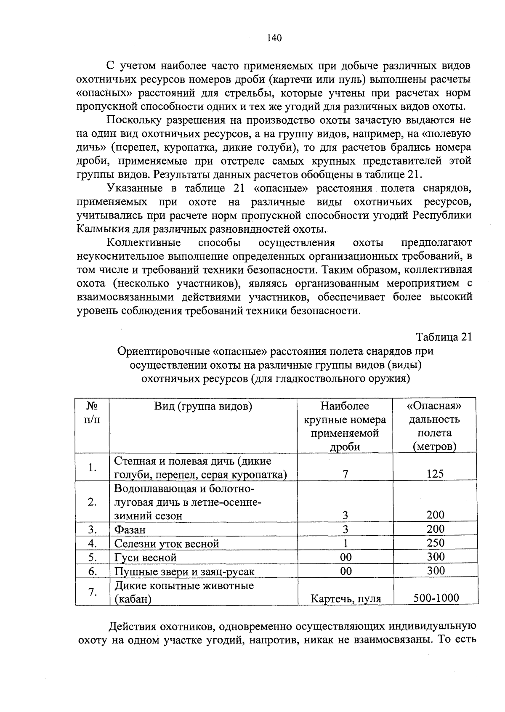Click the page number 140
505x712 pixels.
[x=274, y=38]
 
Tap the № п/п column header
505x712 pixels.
[x=92, y=413]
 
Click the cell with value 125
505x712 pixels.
[x=435, y=474]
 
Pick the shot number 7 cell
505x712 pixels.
[x=345, y=474]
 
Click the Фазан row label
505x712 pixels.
[x=130, y=530]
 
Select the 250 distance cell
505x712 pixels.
[x=435, y=543]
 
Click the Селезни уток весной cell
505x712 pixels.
[x=167, y=544]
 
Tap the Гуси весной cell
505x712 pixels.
[x=146, y=558]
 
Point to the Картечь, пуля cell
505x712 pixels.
[x=346, y=598]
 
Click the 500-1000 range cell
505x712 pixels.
[x=436, y=598]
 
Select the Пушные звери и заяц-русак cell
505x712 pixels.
[x=185, y=571]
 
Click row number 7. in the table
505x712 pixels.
[x=93, y=592]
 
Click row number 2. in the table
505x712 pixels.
[x=93, y=502]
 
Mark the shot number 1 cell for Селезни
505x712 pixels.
[x=345, y=543]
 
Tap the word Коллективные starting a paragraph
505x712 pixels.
[x=144, y=243]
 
